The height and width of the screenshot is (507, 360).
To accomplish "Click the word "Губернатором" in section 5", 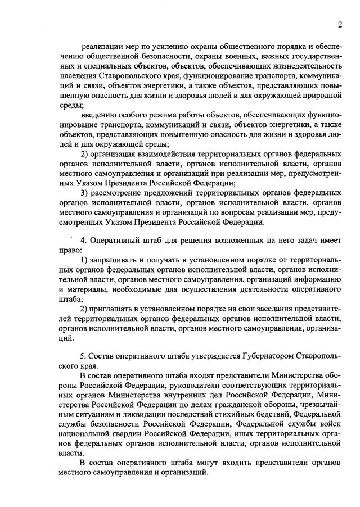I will pyautogui.click(x=253, y=355).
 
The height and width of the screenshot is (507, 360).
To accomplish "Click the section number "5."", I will pyautogui.click(x=84, y=355).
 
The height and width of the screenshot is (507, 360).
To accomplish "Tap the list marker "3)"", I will pyautogui.click(x=85, y=193).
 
